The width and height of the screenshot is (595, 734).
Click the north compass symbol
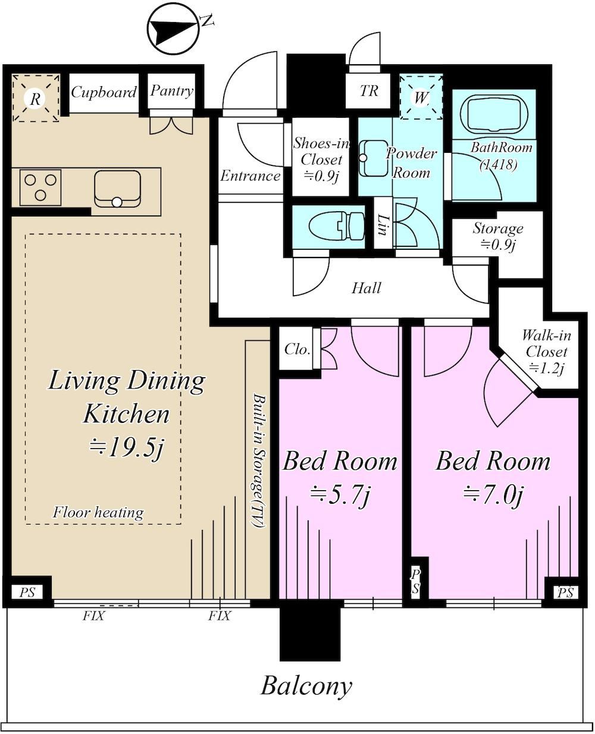tap(173, 29)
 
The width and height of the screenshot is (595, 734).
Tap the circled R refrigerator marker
tap(35, 99)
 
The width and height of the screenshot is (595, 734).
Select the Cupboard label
tap(104, 93)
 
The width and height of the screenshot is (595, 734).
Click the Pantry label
tap(172, 91)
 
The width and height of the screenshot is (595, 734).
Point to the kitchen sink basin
tap(118, 189)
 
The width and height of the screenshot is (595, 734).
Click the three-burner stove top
tap(40, 187)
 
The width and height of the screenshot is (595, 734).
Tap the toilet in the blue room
tap(337, 227)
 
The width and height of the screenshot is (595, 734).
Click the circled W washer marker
tap(420, 98)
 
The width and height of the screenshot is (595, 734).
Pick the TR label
tap(369, 91)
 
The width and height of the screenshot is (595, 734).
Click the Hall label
tap(366, 288)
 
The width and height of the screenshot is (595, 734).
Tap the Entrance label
tap(250, 175)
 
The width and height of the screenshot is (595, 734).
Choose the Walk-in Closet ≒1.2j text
tap(546, 352)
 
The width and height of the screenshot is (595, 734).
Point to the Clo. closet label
tap(297, 349)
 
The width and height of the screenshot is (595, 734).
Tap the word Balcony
tap(306, 686)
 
